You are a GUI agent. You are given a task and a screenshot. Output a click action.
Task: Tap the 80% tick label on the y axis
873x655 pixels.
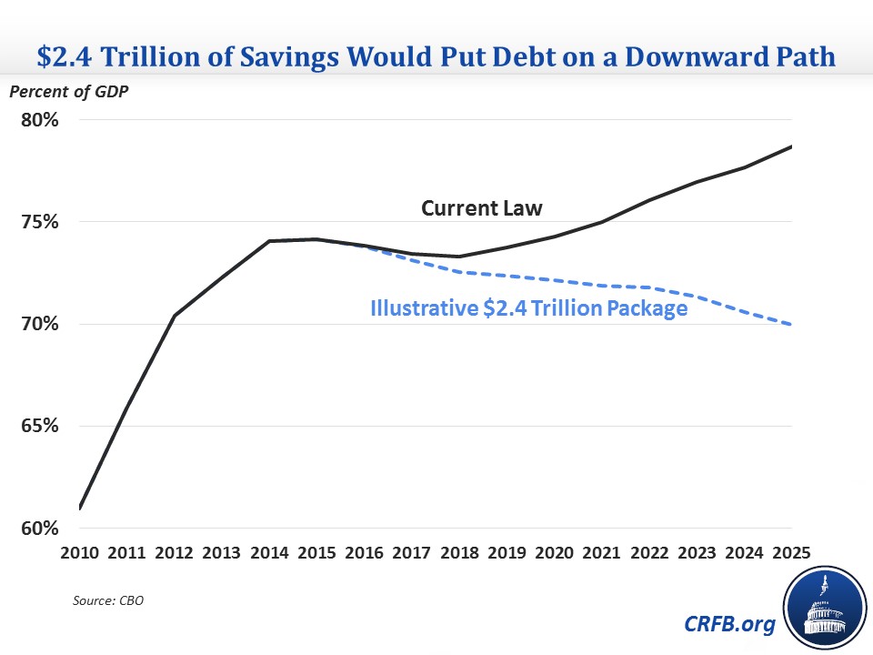(x=40, y=120)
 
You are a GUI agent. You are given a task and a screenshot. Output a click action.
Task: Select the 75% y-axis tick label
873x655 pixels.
(x=40, y=222)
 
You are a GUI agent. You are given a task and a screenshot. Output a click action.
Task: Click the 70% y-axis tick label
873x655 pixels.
(x=40, y=324)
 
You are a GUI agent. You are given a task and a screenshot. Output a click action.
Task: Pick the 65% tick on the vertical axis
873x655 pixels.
(x=40, y=426)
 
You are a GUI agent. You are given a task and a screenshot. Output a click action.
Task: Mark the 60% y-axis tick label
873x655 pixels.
(x=40, y=528)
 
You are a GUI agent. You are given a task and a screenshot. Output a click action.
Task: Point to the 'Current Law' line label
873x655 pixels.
(x=481, y=208)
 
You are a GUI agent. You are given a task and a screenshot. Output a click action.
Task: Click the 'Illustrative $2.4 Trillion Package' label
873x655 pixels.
(x=527, y=307)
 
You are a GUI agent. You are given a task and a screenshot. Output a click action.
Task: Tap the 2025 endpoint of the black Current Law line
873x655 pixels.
(x=791, y=146)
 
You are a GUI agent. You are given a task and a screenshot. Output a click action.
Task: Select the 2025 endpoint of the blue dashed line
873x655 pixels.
(x=791, y=324)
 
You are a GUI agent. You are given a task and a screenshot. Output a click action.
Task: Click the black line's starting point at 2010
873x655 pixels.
(x=80, y=508)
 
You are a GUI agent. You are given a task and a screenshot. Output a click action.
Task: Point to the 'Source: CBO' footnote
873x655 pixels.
(x=107, y=600)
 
